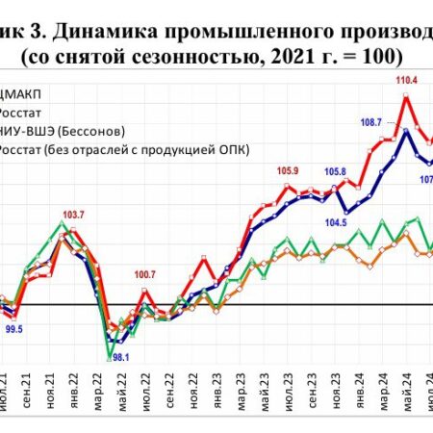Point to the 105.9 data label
288,171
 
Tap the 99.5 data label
14,329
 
